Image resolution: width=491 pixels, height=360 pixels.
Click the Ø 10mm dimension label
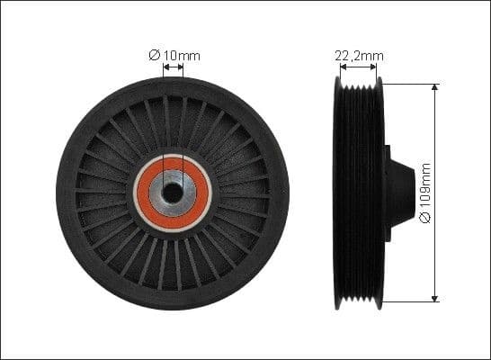pyautogui.click(x=174, y=56)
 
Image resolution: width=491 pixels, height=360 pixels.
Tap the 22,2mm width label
pyautogui.click(x=359, y=56)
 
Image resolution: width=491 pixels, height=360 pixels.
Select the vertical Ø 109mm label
pyautogui.click(x=425, y=193)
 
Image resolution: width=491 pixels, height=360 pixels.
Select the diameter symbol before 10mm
pyautogui.click(x=154, y=56)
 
